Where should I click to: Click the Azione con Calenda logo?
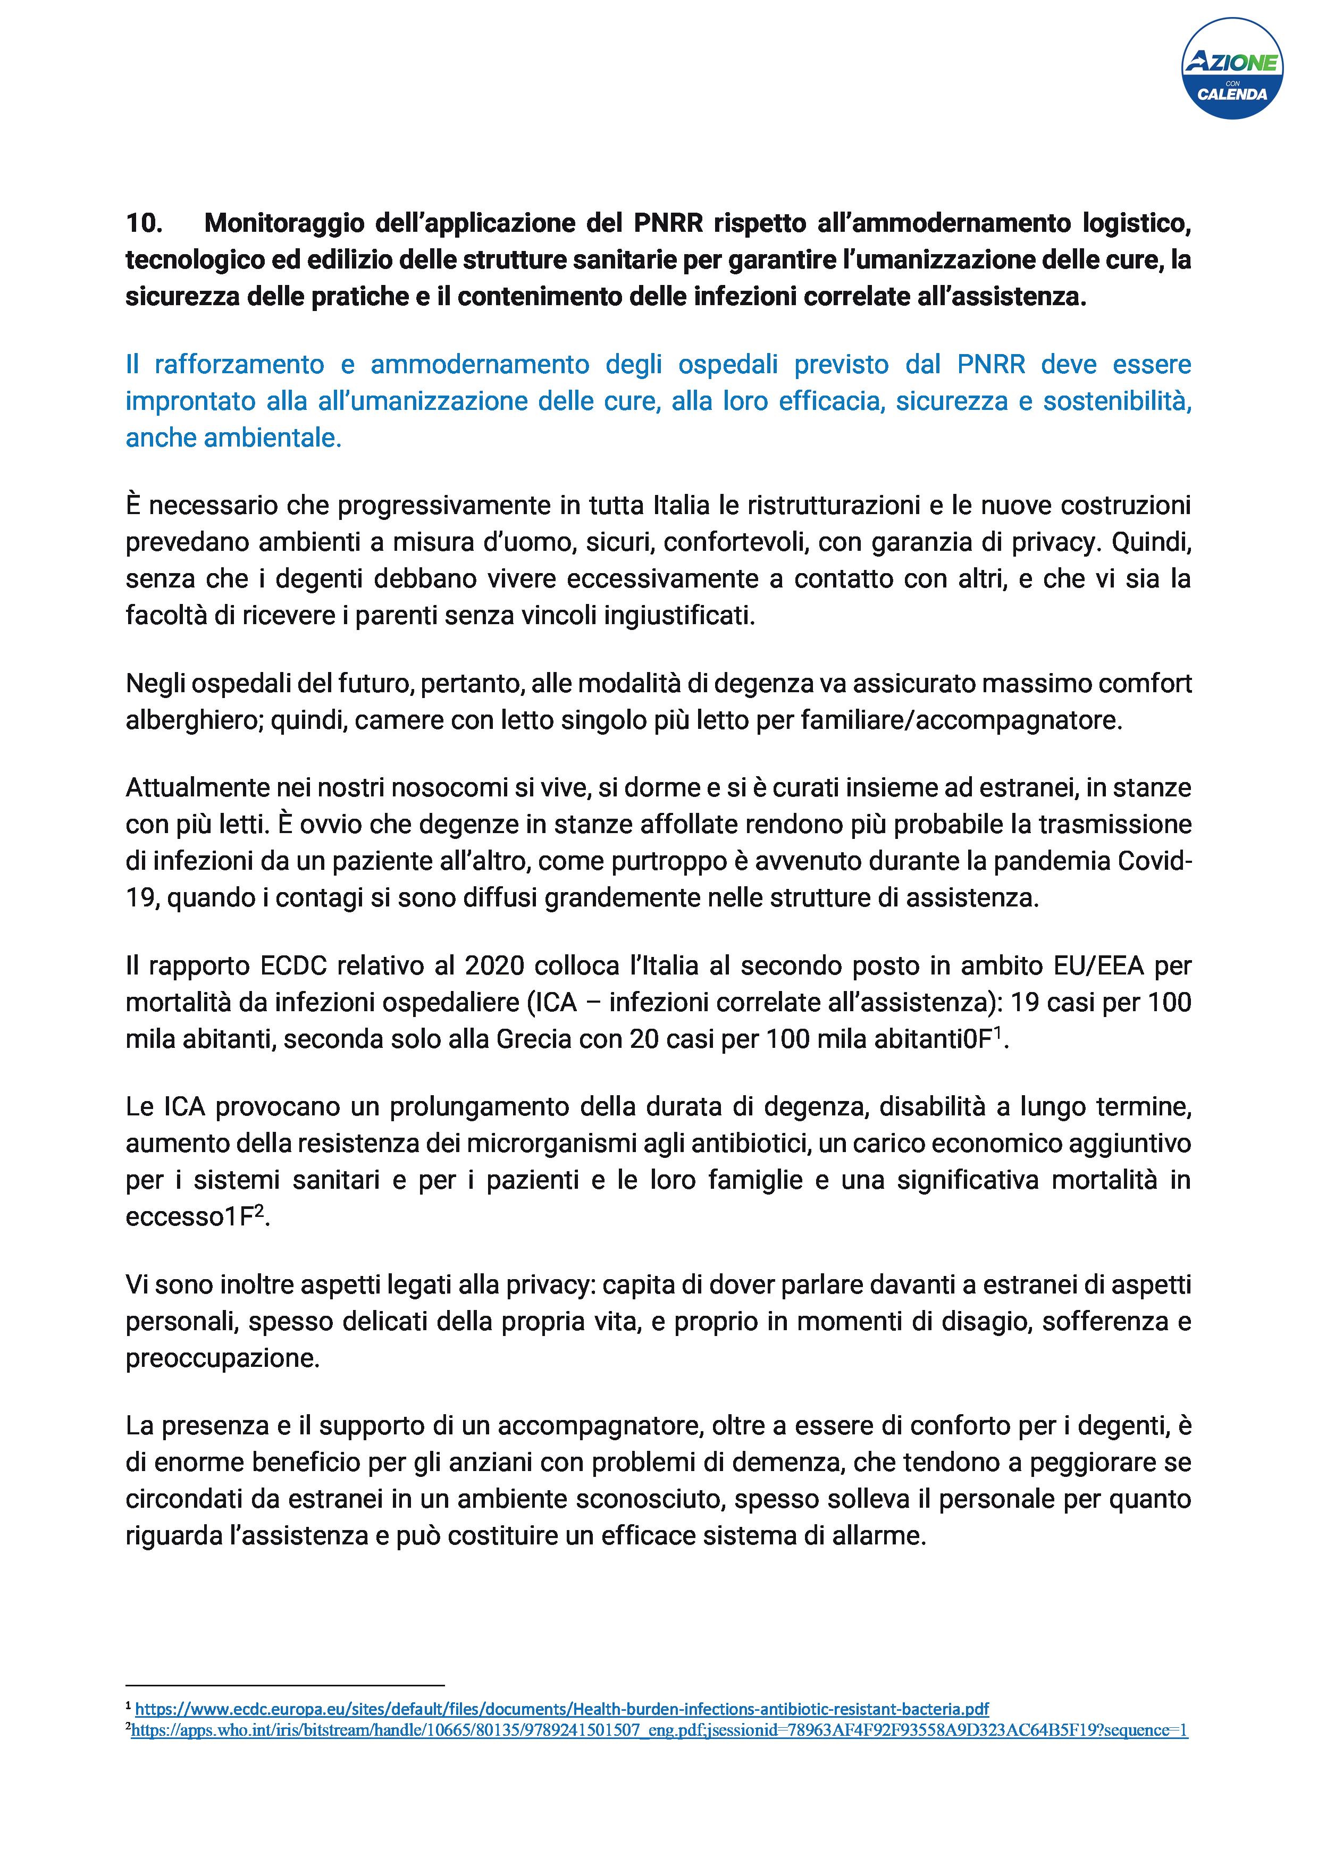pos(1232,71)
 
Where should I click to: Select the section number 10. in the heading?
pos(145,223)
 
